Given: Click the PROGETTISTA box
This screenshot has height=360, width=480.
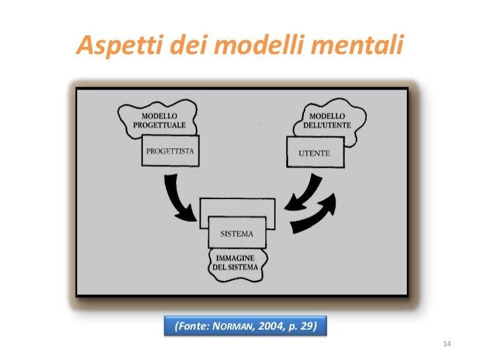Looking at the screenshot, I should tap(170, 151).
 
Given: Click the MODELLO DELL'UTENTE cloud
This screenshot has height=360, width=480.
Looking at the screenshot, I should tap(328, 119).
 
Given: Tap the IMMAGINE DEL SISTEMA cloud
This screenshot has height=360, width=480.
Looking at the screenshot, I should tap(235, 262).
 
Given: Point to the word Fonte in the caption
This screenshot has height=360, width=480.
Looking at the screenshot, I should tap(193, 326).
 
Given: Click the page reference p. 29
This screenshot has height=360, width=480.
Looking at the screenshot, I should tap(300, 326).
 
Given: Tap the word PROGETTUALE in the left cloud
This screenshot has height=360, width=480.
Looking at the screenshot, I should tap(159, 125).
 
